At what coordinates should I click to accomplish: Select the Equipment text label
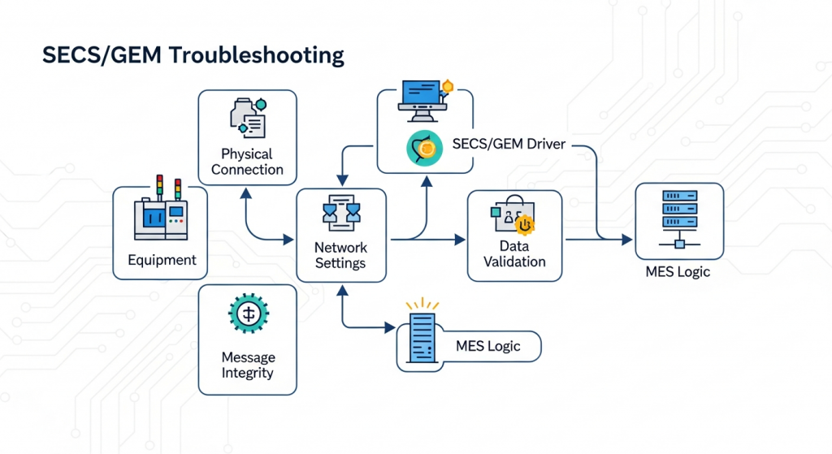(x=162, y=261)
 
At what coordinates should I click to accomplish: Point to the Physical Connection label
(x=247, y=162)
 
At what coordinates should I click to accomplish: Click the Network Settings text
(x=340, y=255)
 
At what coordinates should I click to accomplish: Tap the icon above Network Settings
(x=340, y=212)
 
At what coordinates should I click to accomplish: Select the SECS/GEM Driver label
(x=509, y=144)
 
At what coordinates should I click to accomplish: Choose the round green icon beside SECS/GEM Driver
(x=423, y=147)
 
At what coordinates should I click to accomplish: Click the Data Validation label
(x=514, y=253)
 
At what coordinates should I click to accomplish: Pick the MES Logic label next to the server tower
(x=487, y=346)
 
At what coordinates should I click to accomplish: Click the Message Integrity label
(x=247, y=365)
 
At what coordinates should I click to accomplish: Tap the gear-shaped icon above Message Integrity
(x=249, y=314)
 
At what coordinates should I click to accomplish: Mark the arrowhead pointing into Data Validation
(x=461, y=240)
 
